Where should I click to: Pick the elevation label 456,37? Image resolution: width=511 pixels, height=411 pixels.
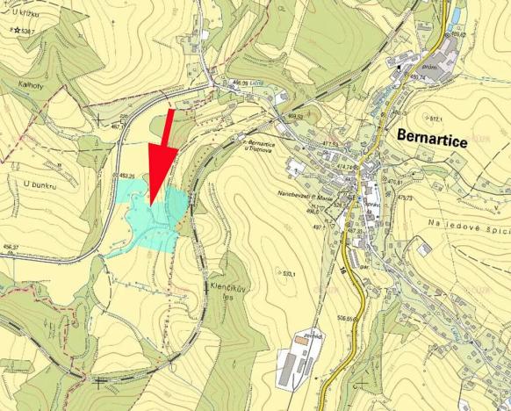(x=10, y=248)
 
